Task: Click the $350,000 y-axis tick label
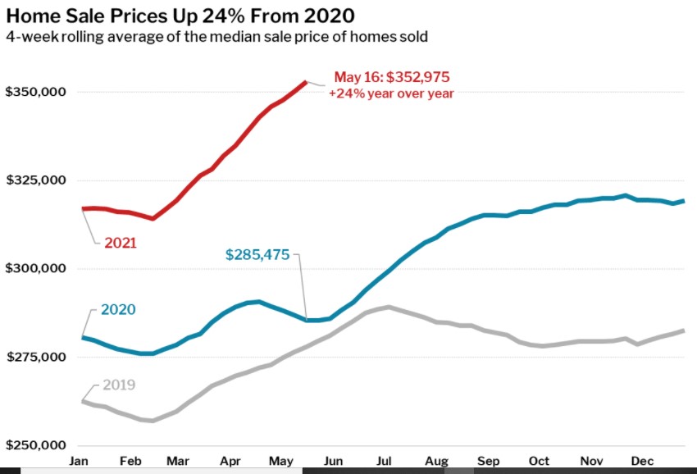35,92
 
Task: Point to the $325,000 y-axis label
35,180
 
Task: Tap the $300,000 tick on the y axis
35,269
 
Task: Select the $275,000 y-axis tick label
35,358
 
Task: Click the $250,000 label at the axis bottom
35,446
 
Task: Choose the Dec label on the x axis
641,461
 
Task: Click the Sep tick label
488,461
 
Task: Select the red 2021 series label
120,244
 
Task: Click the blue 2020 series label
118,310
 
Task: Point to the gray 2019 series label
119,385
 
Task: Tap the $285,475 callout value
257,255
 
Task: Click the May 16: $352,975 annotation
392,78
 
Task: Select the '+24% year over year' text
391,94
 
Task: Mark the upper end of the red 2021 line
306,82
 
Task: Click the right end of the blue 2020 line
684,201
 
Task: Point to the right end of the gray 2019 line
684,330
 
